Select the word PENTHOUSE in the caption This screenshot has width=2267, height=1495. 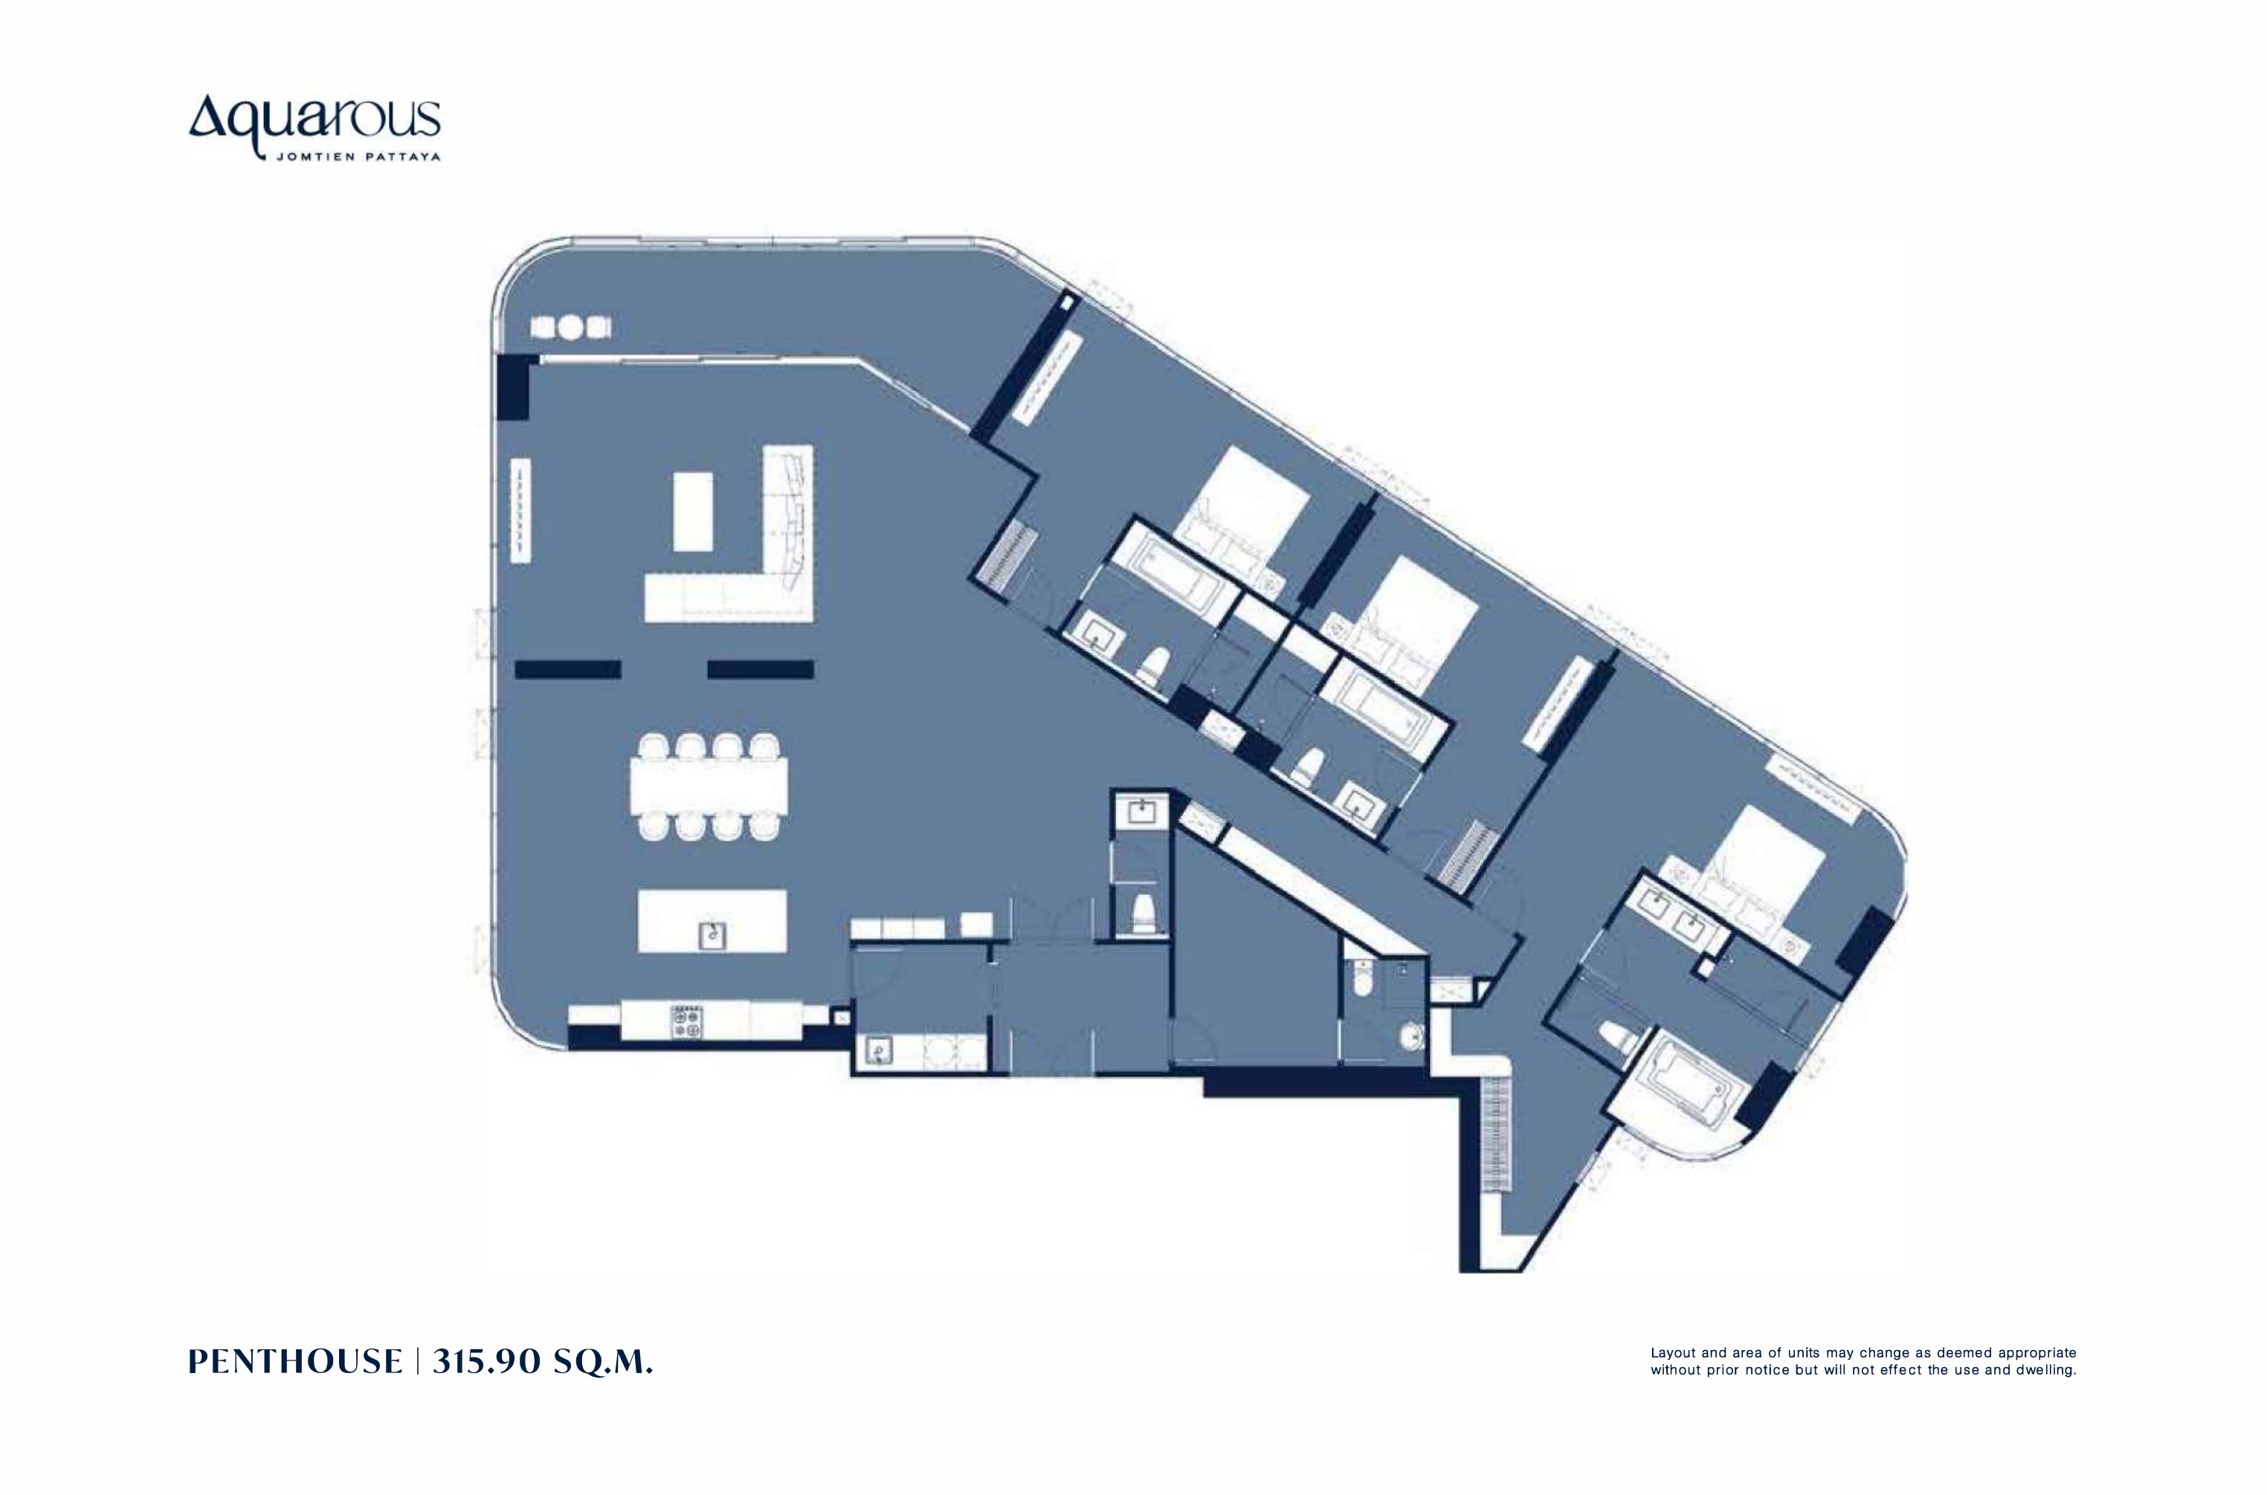[295, 1361]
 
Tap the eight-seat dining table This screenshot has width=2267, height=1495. [709, 787]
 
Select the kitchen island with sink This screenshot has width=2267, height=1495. [712, 921]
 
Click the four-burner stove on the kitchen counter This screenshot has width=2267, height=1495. [686, 1021]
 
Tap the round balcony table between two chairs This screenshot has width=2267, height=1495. [570, 328]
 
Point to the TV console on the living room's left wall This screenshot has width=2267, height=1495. [520, 510]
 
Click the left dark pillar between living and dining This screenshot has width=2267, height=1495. [568, 669]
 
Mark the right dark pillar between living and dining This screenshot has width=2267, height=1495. [761, 669]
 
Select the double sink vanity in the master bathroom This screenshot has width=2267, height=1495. [1674, 914]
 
